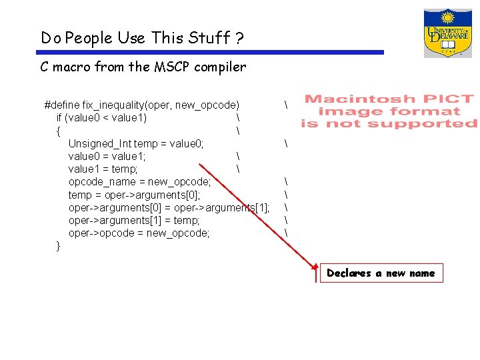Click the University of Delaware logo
(447, 33)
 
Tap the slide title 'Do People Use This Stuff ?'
(142, 38)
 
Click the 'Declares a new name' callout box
(381, 273)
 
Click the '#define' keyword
(61, 105)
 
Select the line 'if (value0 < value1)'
(102, 118)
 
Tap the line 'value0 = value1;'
(107, 156)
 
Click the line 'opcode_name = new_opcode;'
(139, 181)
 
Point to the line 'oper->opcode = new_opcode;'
(139, 233)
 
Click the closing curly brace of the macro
(59, 246)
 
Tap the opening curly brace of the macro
(59, 131)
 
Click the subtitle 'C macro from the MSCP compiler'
(143, 67)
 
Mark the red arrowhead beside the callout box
(317, 269)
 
